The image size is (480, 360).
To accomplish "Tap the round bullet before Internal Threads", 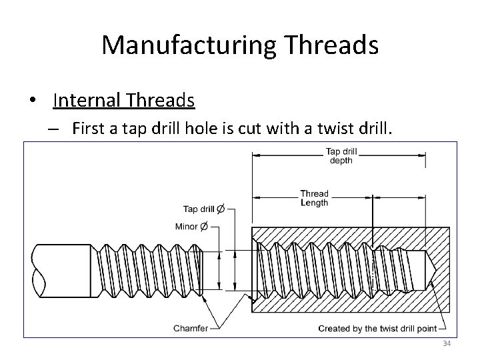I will coord(33,101).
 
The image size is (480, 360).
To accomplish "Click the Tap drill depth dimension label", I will coord(340,155).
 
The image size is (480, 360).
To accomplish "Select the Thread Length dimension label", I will coord(314,198).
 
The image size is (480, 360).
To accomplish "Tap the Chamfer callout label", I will coord(191,328).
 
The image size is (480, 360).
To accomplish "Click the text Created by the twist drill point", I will coord(377,328).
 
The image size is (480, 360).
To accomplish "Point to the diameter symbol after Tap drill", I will coord(221,209).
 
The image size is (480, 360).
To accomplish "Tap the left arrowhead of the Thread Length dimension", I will coord(255,198).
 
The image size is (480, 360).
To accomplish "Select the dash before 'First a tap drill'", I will coord(53,128).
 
